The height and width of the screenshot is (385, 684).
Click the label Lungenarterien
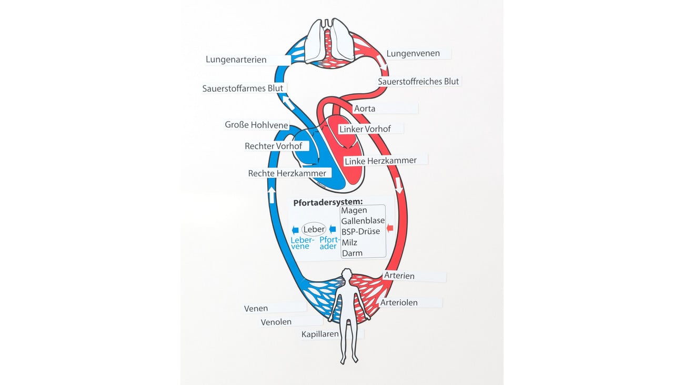(x=236, y=60)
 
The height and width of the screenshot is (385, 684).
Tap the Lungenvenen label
(x=413, y=54)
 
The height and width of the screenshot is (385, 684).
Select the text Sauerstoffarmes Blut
(x=243, y=88)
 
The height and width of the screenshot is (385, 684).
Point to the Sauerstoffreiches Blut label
(x=419, y=82)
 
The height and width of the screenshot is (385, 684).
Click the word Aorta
(x=365, y=108)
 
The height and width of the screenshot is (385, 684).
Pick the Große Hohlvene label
(x=256, y=125)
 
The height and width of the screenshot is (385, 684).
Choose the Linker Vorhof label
(x=365, y=129)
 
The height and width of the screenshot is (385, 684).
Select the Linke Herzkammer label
(x=380, y=160)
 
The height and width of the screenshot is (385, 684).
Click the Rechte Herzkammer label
(x=287, y=173)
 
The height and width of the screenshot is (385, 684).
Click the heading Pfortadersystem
(x=328, y=202)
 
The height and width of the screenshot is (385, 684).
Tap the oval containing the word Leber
(x=314, y=229)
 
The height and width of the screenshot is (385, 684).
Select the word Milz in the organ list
(x=349, y=242)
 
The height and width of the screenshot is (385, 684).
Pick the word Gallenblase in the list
(x=363, y=221)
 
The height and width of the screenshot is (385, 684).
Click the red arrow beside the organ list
(x=390, y=228)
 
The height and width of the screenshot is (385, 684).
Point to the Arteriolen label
(x=399, y=303)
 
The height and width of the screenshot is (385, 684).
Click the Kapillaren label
(x=320, y=334)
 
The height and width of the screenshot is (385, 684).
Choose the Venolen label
(x=276, y=322)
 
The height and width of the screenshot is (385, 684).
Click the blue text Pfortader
(x=328, y=243)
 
